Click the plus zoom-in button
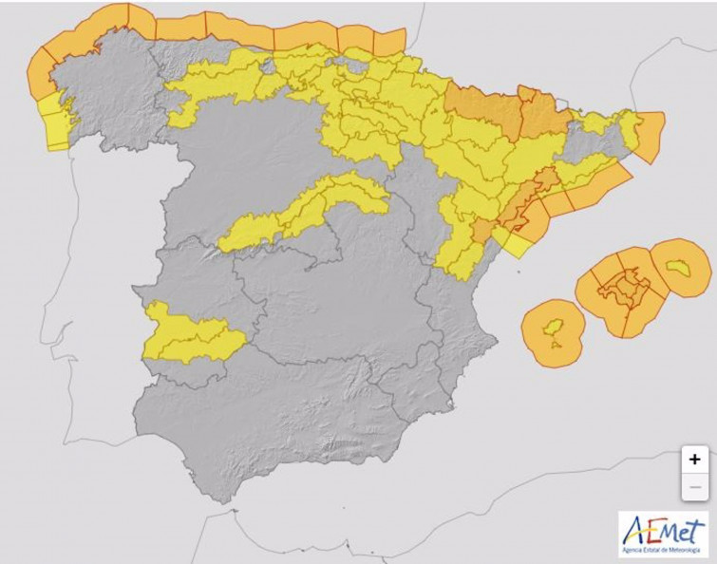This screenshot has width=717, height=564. [694, 459]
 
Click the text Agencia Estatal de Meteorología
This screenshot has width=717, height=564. [664, 550]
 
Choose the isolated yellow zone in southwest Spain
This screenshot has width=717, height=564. [190, 334]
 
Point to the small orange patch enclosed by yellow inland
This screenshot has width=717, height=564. [482, 232]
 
